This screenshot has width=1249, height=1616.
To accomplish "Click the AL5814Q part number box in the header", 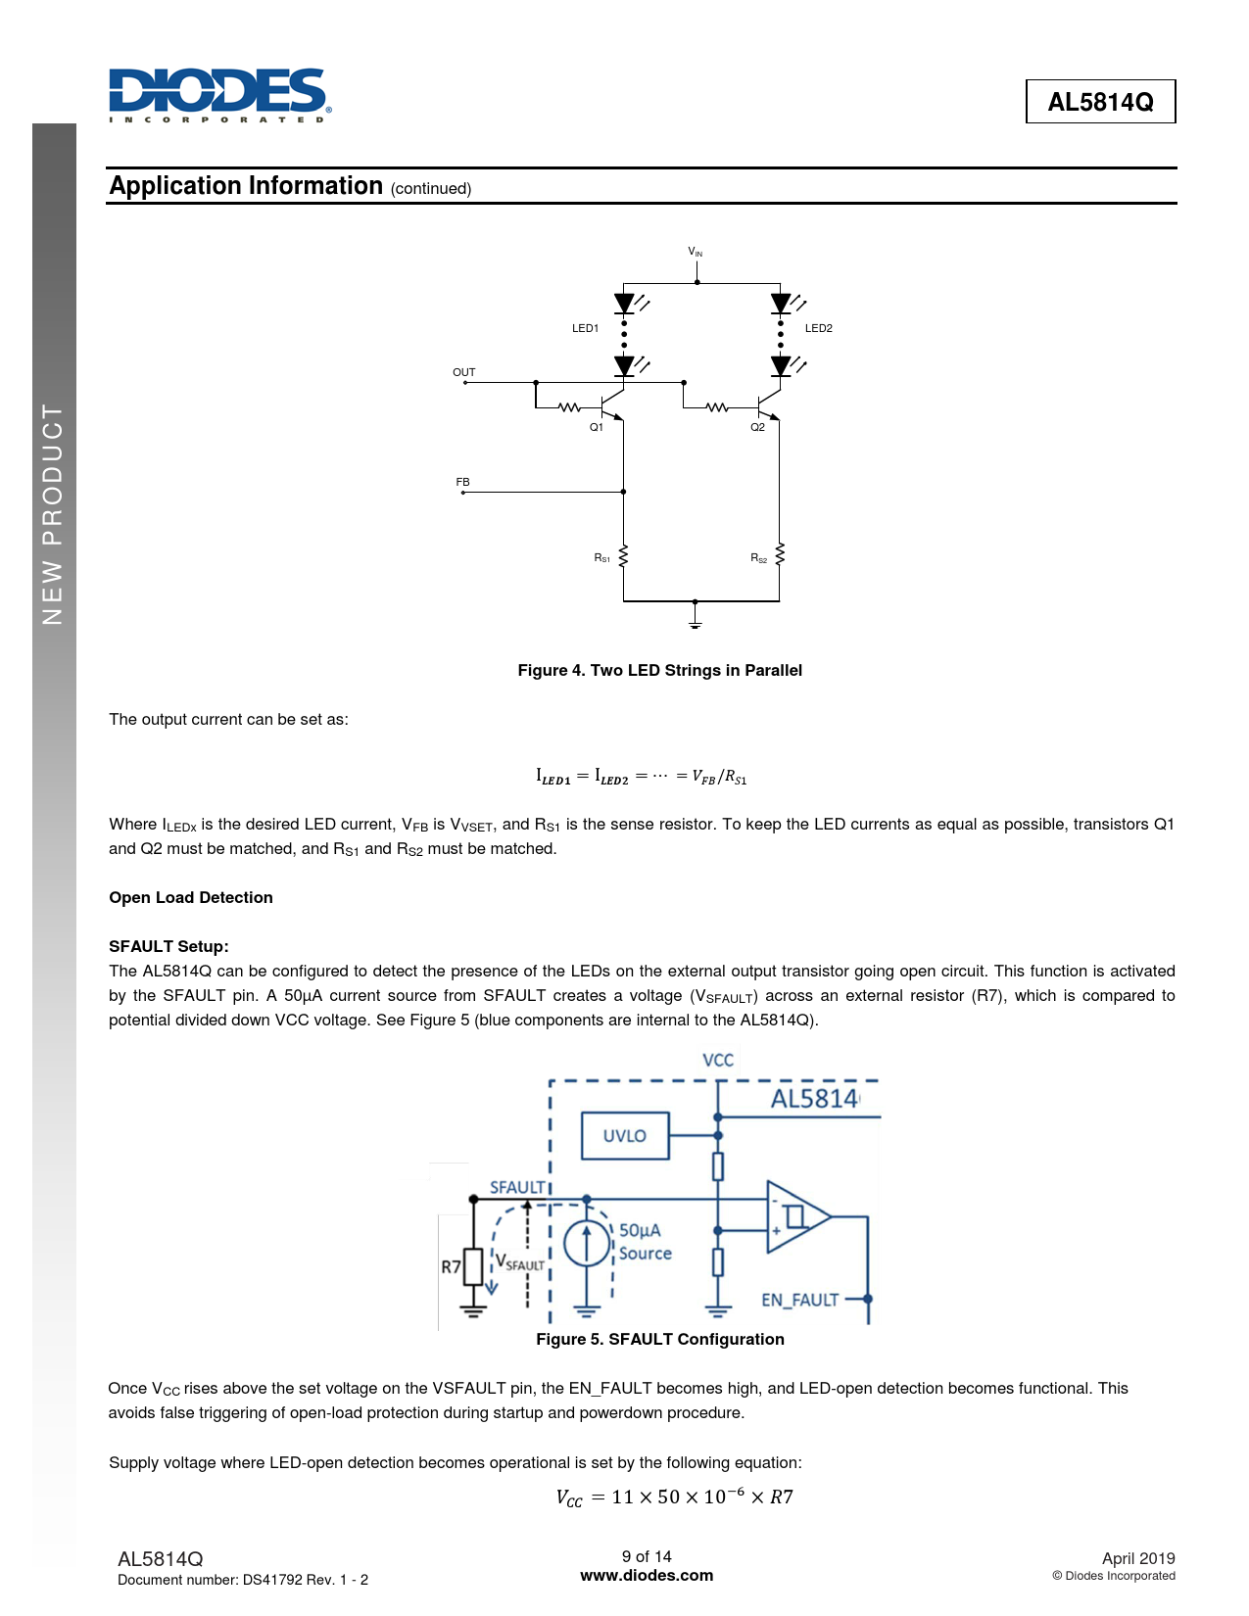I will pyautogui.click(x=1100, y=102).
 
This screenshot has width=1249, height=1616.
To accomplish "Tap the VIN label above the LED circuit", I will pyautogui.click(x=695, y=253).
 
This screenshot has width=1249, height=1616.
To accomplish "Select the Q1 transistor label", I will pyautogui.click(x=596, y=427).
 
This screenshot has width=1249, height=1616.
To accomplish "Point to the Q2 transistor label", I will pyautogui.click(x=757, y=427).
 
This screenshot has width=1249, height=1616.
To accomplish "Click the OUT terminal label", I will pyautogui.click(x=463, y=372).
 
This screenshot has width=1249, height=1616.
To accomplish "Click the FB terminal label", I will pyautogui.click(x=462, y=482).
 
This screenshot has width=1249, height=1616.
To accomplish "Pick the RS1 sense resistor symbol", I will pyautogui.click(x=624, y=556).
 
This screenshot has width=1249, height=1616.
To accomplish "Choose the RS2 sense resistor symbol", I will pyautogui.click(x=780, y=555).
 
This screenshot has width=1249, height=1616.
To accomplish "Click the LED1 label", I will pyautogui.click(x=585, y=328).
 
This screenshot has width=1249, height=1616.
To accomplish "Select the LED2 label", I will pyautogui.click(x=818, y=328).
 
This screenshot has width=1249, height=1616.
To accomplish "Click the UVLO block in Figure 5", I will pyautogui.click(x=625, y=1136).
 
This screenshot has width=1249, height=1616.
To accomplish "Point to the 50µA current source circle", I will pyautogui.click(x=587, y=1244).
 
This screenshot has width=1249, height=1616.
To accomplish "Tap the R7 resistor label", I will pyautogui.click(x=451, y=1266).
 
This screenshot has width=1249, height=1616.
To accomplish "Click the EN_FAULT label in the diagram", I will pyautogui.click(x=799, y=1300).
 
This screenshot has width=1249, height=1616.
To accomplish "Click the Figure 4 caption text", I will pyautogui.click(x=659, y=670).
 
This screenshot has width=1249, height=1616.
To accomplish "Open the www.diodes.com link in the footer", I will pyautogui.click(x=647, y=1575).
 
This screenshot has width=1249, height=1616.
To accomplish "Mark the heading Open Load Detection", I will pyautogui.click(x=191, y=897).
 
